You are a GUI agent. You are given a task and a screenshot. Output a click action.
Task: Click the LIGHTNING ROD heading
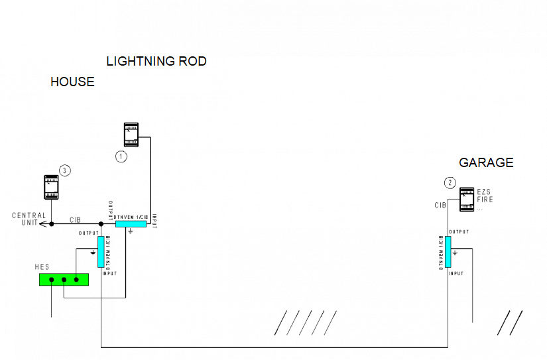(156, 62)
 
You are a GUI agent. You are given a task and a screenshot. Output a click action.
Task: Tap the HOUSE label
(72, 82)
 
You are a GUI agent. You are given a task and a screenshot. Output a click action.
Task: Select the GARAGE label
(486, 163)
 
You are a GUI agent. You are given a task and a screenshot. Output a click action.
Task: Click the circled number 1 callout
(121, 156)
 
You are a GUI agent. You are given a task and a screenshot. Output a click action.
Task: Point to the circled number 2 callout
(450, 182)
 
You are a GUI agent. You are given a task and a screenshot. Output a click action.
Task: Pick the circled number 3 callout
(64, 170)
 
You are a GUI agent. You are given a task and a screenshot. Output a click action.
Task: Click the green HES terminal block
(64, 280)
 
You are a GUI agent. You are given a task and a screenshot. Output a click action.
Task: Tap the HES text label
(42, 267)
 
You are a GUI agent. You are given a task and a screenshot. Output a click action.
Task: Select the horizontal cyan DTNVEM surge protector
(131, 224)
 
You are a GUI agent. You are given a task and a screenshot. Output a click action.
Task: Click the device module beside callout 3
(52, 186)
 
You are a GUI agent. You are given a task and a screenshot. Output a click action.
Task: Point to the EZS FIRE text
(485, 196)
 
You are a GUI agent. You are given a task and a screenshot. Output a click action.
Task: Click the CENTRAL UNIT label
(29, 219)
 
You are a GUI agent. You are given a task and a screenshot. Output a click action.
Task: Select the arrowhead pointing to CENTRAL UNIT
(42, 224)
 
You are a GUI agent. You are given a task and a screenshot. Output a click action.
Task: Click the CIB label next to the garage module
(440, 206)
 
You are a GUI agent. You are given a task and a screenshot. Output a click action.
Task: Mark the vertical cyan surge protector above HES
(101, 252)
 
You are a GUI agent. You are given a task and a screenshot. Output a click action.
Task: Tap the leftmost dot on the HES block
(51, 280)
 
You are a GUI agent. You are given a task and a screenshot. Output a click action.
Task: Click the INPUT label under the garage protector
(456, 273)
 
